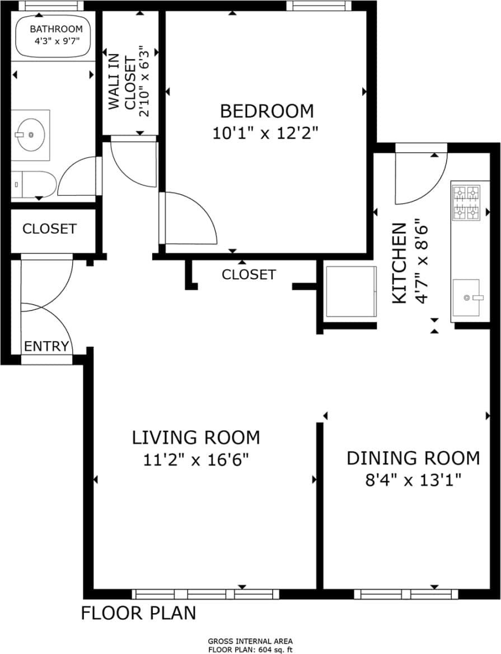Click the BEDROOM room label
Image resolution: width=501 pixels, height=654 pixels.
[x=266, y=111]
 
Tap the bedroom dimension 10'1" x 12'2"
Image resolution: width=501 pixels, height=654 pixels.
[x=265, y=133]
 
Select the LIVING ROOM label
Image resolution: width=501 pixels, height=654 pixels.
[x=196, y=437]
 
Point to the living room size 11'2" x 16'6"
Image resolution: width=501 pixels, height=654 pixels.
[x=196, y=460]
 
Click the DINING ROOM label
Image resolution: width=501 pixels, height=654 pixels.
[x=413, y=458]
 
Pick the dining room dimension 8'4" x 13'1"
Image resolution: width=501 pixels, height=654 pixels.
[x=413, y=480]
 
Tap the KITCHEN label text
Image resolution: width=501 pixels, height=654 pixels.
[x=399, y=263]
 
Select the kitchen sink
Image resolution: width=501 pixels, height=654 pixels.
[x=466, y=298]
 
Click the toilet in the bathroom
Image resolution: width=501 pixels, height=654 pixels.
[x=34, y=184]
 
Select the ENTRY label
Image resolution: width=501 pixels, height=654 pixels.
[x=46, y=346]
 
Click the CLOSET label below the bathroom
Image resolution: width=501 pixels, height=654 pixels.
[x=49, y=229]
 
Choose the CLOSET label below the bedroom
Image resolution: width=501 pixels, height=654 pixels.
[x=249, y=274]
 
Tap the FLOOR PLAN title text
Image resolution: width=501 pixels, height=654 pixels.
[x=139, y=613]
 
